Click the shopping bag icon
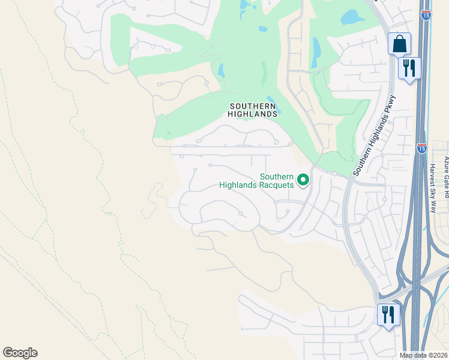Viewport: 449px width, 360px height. click(x=399, y=44)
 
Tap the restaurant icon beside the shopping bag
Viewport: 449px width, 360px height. click(x=409, y=68)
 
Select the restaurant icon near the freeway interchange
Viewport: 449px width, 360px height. click(x=388, y=314)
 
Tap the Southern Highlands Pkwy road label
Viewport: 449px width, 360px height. click(x=374, y=136)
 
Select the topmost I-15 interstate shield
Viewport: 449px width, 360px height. click(x=426, y=15)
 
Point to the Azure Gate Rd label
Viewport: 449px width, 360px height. click(x=446, y=171)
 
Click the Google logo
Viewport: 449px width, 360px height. click(x=20, y=353)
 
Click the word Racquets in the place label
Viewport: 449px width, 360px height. click(x=277, y=185)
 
